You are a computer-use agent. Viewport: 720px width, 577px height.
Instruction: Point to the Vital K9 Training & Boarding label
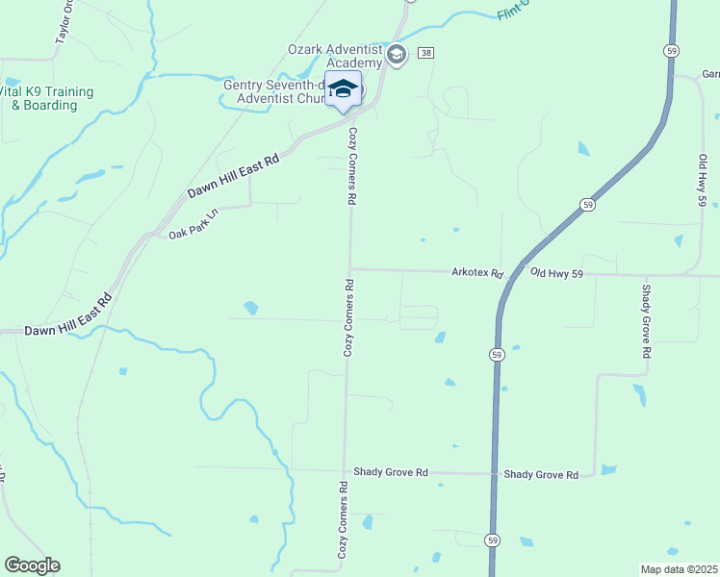pyautogui.click(x=46, y=98)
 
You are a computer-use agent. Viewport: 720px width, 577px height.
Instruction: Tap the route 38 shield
pyautogui.click(x=427, y=53)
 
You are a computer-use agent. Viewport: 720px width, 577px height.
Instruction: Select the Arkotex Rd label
pyautogui.click(x=477, y=273)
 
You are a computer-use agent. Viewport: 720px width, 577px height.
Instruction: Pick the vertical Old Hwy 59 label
pyautogui.click(x=703, y=180)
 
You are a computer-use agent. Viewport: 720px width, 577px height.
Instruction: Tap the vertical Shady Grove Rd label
pyautogui.click(x=647, y=321)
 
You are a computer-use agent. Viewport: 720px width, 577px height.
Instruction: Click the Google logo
pyautogui.click(x=32, y=565)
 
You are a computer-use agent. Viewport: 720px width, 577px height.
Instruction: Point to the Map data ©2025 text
pyautogui.click(x=680, y=569)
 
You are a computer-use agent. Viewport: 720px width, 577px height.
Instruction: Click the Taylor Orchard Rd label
pyautogui.click(x=65, y=21)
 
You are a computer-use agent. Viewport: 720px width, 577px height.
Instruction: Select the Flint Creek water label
pyautogui.click(x=516, y=12)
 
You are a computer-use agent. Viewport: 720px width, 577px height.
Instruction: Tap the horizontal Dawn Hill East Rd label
pyautogui.click(x=48, y=329)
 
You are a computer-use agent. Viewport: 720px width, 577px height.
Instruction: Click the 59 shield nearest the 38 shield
pyautogui.click(x=671, y=50)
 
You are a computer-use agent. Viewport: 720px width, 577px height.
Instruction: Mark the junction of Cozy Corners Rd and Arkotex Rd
pyautogui.click(x=350, y=269)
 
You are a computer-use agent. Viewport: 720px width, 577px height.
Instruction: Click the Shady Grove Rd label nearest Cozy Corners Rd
pyautogui.click(x=390, y=472)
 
